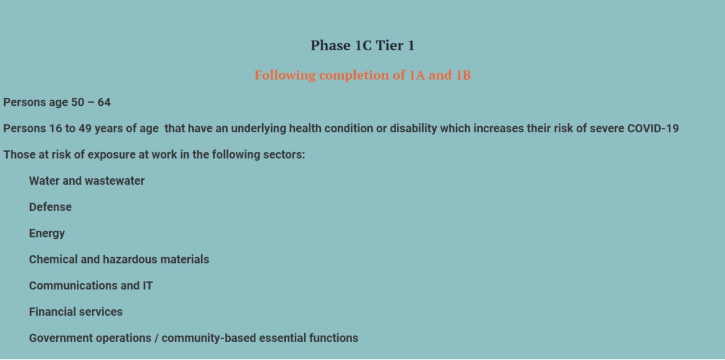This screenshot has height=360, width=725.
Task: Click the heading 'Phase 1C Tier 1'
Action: (362, 45)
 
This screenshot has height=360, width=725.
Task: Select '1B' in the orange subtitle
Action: (463, 75)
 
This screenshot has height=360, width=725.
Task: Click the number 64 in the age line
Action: (104, 102)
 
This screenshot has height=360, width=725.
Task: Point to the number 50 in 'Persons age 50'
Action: (78, 102)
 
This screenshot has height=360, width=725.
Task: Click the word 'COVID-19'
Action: (653, 129)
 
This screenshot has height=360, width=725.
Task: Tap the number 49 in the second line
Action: (85, 129)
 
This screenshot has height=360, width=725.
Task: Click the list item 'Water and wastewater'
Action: (87, 181)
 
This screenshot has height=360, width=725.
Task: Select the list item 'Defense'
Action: (50, 207)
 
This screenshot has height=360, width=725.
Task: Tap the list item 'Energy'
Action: (47, 234)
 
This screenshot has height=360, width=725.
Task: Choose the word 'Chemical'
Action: (53, 259)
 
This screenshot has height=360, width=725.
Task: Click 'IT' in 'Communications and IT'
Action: (147, 286)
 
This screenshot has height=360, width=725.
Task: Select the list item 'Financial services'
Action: (76, 312)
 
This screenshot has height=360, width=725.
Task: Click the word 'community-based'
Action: (209, 338)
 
